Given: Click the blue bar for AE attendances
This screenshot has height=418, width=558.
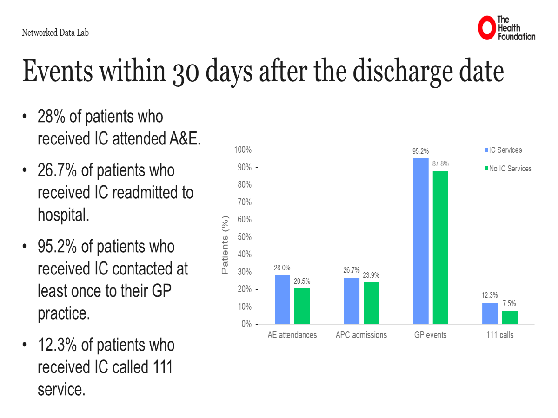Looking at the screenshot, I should (x=282, y=300).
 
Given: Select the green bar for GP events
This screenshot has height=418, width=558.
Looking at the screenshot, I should (x=440, y=248).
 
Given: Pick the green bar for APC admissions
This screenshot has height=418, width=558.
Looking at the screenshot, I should (x=371, y=303).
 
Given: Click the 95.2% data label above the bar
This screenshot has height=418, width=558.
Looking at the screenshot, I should (x=420, y=151).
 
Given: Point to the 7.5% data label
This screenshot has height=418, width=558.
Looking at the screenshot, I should (x=509, y=304).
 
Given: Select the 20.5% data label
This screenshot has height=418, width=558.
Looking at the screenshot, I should (x=302, y=281).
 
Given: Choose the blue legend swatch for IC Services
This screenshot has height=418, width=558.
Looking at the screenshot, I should (x=486, y=150).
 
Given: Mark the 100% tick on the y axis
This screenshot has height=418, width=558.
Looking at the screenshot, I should (x=243, y=150).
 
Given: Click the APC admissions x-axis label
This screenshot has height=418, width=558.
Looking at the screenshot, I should (x=361, y=335).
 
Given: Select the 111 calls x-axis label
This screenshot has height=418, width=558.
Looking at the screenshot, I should (x=500, y=335).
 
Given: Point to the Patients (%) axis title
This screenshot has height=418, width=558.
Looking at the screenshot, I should (x=226, y=244).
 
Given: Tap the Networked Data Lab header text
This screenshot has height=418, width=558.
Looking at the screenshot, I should (x=55, y=33).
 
